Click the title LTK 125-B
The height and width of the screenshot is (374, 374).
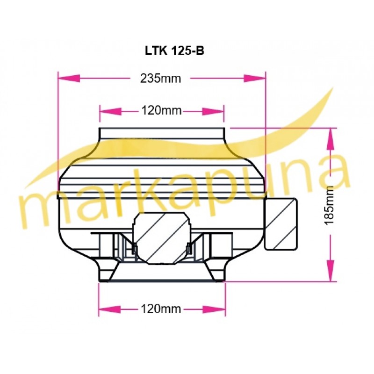[174, 50]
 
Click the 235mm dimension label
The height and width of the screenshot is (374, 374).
[160, 78]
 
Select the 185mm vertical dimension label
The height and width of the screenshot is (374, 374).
[330, 205]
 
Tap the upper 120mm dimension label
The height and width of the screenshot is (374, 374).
[161, 111]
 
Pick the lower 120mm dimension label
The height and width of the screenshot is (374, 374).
[161, 309]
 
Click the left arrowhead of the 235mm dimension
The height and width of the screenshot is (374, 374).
[69, 78]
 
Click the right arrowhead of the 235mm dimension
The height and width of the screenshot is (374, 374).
[254, 78]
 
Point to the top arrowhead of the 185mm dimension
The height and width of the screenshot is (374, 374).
[331, 139]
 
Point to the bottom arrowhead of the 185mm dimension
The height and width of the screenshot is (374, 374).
[331, 271]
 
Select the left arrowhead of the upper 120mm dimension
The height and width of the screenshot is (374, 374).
[111, 111]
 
